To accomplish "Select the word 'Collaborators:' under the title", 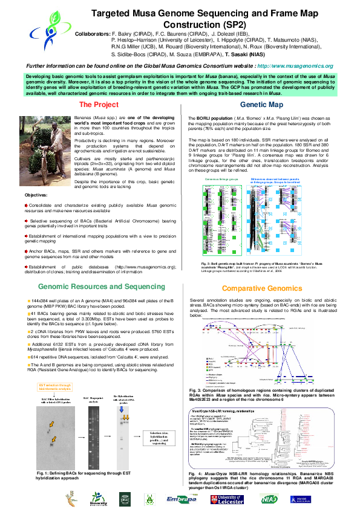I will [92, 35].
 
